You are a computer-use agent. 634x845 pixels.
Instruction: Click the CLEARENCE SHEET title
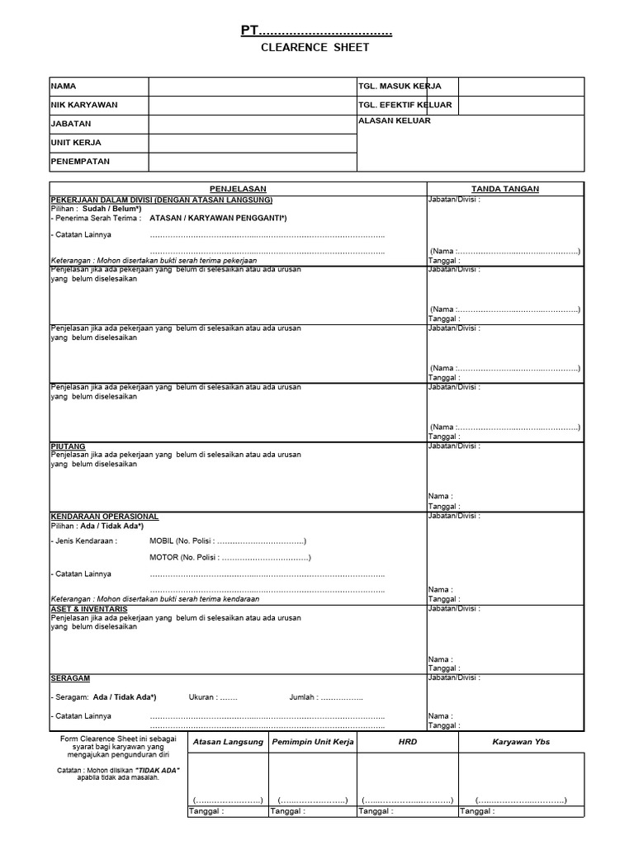[315, 48]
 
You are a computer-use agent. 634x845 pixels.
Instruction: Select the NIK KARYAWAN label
[84, 106]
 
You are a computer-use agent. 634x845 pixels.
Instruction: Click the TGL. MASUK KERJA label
[400, 87]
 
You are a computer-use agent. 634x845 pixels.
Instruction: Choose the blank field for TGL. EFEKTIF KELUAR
[521, 106]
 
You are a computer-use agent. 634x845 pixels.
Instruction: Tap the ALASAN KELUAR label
[395, 120]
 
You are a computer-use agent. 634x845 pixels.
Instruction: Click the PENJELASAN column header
[238, 189]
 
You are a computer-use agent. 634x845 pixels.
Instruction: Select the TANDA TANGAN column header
[505, 189]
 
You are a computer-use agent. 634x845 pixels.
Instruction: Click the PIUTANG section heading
[68, 446]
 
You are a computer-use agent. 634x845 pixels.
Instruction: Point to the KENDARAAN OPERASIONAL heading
[105, 517]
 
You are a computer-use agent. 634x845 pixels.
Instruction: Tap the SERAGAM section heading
[70, 677]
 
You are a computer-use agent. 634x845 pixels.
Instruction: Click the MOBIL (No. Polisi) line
[228, 541]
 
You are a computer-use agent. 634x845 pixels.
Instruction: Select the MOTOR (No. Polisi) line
[229, 558]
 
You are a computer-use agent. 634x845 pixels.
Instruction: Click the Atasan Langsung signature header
[228, 742]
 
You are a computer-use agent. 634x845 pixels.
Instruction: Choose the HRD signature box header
[408, 742]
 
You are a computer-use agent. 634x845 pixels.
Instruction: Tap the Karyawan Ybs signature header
[522, 742]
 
